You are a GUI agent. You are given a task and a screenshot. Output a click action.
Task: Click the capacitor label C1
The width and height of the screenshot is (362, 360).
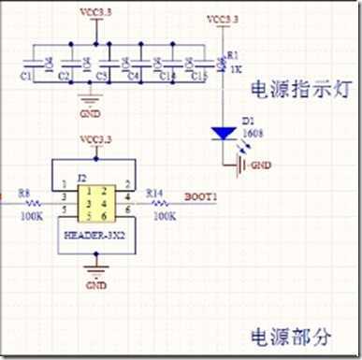pyautogui.click(x=26, y=72)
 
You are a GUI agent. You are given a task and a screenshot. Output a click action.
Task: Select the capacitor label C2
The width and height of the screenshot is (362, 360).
pyautogui.click(x=65, y=73)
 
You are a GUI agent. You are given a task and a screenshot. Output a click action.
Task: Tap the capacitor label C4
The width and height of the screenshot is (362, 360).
pyautogui.click(x=133, y=73)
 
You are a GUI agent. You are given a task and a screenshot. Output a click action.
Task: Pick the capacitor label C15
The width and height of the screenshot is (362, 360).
pyautogui.click(x=196, y=73)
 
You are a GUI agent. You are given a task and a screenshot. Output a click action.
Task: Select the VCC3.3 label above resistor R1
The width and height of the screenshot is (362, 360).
pyautogui.click(x=222, y=18)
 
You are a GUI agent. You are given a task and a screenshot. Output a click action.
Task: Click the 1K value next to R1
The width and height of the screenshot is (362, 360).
pyautogui.click(x=234, y=70)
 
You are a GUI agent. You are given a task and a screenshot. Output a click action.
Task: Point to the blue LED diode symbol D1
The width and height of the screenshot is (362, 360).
pyautogui.click(x=223, y=133)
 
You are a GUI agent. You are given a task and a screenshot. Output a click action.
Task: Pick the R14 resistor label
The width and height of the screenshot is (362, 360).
pyautogui.click(x=155, y=194)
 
